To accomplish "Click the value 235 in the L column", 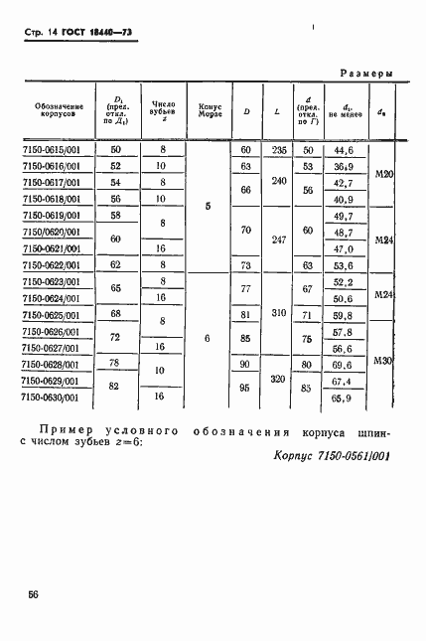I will [279, 150].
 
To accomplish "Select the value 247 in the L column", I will [279, 240].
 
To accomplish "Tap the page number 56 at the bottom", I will [34, 593].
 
